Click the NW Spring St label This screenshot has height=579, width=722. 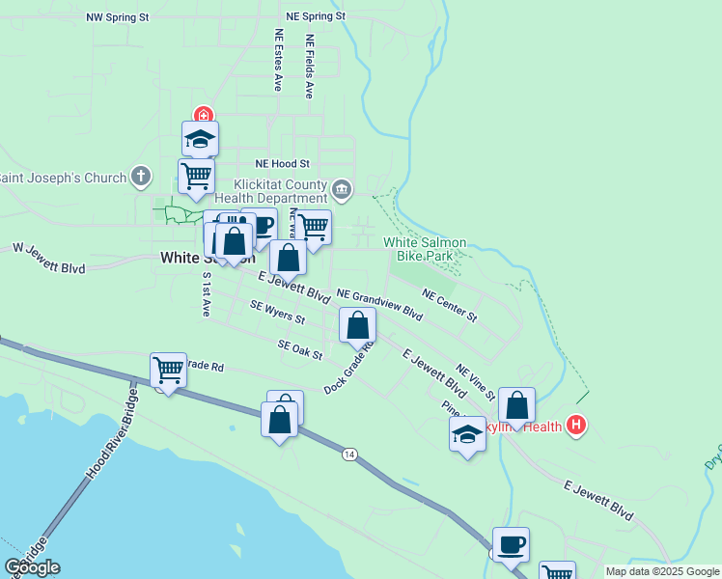(118, 17)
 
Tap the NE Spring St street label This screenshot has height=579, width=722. (316, 17)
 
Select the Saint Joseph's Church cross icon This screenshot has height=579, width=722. (141, 177)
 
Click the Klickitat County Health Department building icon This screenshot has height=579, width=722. (342, 187)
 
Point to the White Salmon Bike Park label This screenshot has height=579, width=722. (425, 250)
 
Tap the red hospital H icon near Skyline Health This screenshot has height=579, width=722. (576, 424)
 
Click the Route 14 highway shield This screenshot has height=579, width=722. (348, 454)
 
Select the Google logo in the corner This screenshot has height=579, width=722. (32, 567)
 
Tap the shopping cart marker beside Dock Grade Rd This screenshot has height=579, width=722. (168, 369)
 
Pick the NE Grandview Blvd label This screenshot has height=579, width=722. (379, 304)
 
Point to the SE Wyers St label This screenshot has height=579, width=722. (277, 312)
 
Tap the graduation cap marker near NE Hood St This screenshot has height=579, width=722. (200, 139)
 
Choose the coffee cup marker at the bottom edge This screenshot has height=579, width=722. (511, 545)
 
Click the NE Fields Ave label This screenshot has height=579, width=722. (309, 68)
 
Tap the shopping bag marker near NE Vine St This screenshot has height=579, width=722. (517, 406)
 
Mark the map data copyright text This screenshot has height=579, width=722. (662, 571)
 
